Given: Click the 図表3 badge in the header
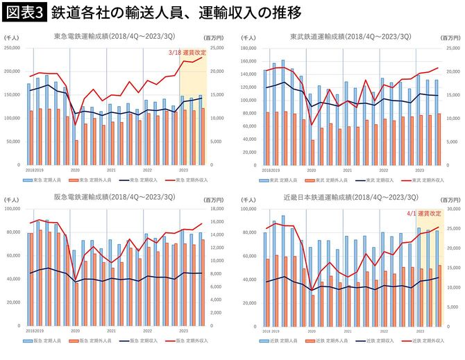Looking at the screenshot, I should pos(24,12).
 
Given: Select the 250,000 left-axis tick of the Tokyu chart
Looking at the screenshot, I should pos(12,48).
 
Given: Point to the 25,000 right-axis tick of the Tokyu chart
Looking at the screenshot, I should pos(220,48).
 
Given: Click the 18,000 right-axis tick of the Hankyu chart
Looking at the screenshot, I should pos(220,209).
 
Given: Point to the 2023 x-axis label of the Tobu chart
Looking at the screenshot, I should pos(420,169).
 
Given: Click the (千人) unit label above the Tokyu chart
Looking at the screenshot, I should pos(12,40).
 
